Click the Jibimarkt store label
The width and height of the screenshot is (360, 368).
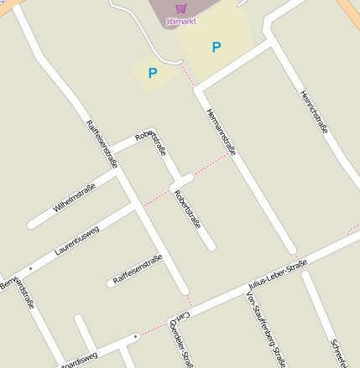point(181,21)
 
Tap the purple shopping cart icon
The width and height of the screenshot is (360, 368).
point(180,8)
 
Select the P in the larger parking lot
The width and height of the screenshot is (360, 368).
point(217,47)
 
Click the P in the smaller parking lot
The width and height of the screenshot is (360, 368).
point(153,73)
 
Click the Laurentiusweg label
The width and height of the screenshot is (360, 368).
point(77,240)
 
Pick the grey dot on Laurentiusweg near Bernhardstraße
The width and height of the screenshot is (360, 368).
point(30,269)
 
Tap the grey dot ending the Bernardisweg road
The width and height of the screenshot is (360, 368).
point(134,337)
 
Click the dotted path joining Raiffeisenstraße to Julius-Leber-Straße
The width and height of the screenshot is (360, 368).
point(189,299)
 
